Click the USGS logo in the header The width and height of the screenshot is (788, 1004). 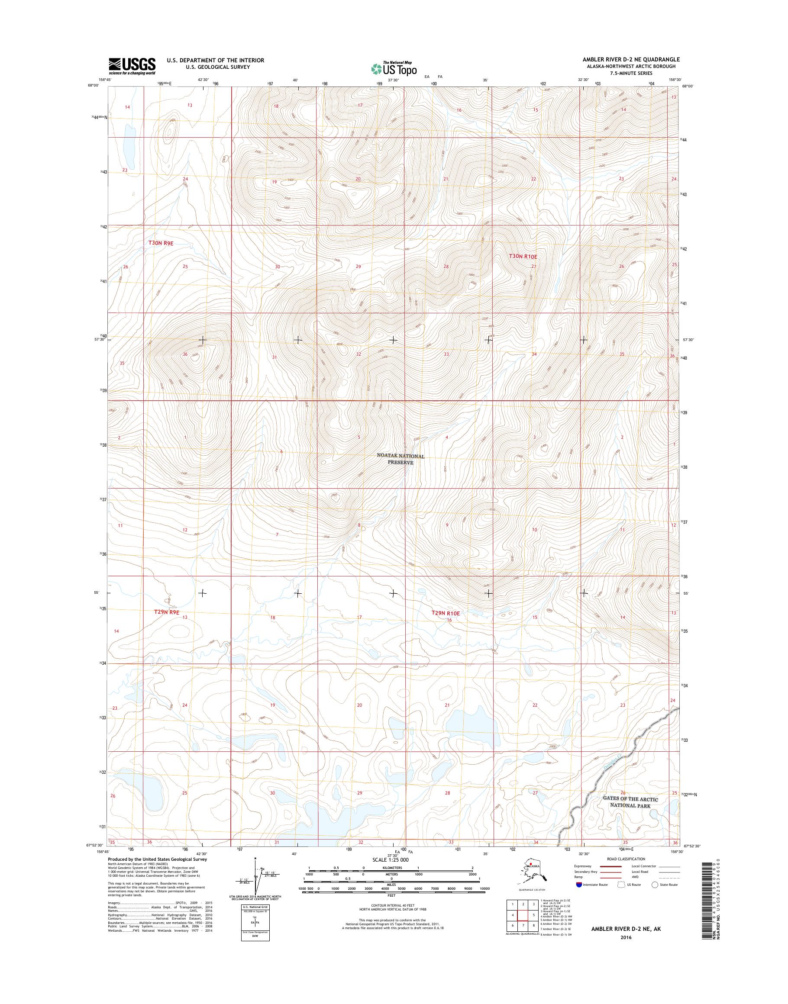[x=132, y=66]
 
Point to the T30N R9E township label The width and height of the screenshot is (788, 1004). [x=161, y=243]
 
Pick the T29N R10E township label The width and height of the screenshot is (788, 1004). [x=445, y=613]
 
